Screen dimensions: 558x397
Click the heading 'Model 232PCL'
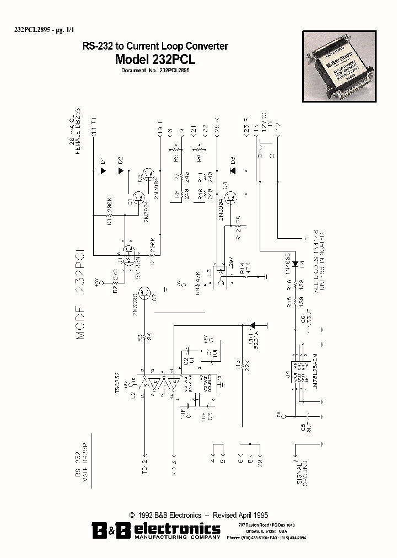tap(155, 59)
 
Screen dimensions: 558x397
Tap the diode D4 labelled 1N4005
tap(294, 263)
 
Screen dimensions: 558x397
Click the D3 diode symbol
tap(232, 169)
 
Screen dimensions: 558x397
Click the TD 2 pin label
tap(144, 464)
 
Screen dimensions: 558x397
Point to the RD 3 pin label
tap(173, 465)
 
